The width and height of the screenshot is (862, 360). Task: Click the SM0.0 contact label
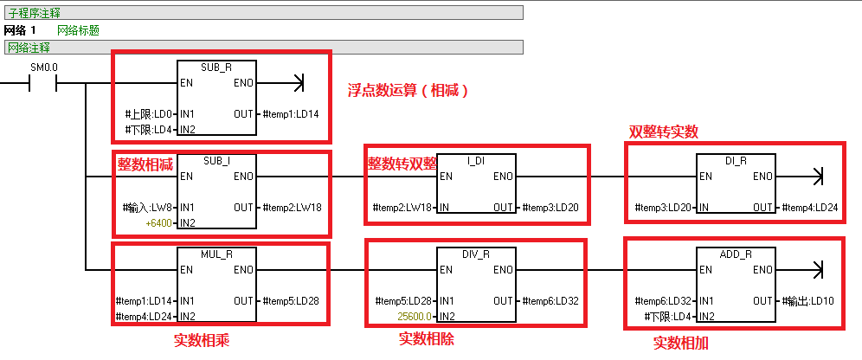pyautogui.click(x=44, y=67)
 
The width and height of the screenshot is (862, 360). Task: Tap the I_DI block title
pyautogui.click(x=476, y=161)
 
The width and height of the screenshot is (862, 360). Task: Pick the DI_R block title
pyautogui.click(x=735, y=161)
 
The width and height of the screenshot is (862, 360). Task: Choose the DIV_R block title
pyautogui.click(x=476, y=254)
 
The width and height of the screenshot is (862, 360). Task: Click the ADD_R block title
pyautogui.click(x=735, y=254)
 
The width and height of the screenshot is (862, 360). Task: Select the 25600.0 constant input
pyautogui.click(x=415, y=317)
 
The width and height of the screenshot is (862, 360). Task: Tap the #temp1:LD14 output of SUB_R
pyautogui.click(x=290, y=114)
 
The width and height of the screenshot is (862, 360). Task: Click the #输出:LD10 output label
pyautogui.click(x=808, y=301)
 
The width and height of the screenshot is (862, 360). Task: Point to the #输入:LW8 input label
pyautogui.click(x=145, y=208)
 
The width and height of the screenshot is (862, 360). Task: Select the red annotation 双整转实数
pyautogui.click(x=663, y=132)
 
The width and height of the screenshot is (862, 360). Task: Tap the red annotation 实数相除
pyautogui.click(x=427, y=338)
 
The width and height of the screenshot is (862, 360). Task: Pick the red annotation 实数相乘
pyautogui.click(x=202, y=338)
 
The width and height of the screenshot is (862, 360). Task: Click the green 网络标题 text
pyautogui.click(x=78, y=29)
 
